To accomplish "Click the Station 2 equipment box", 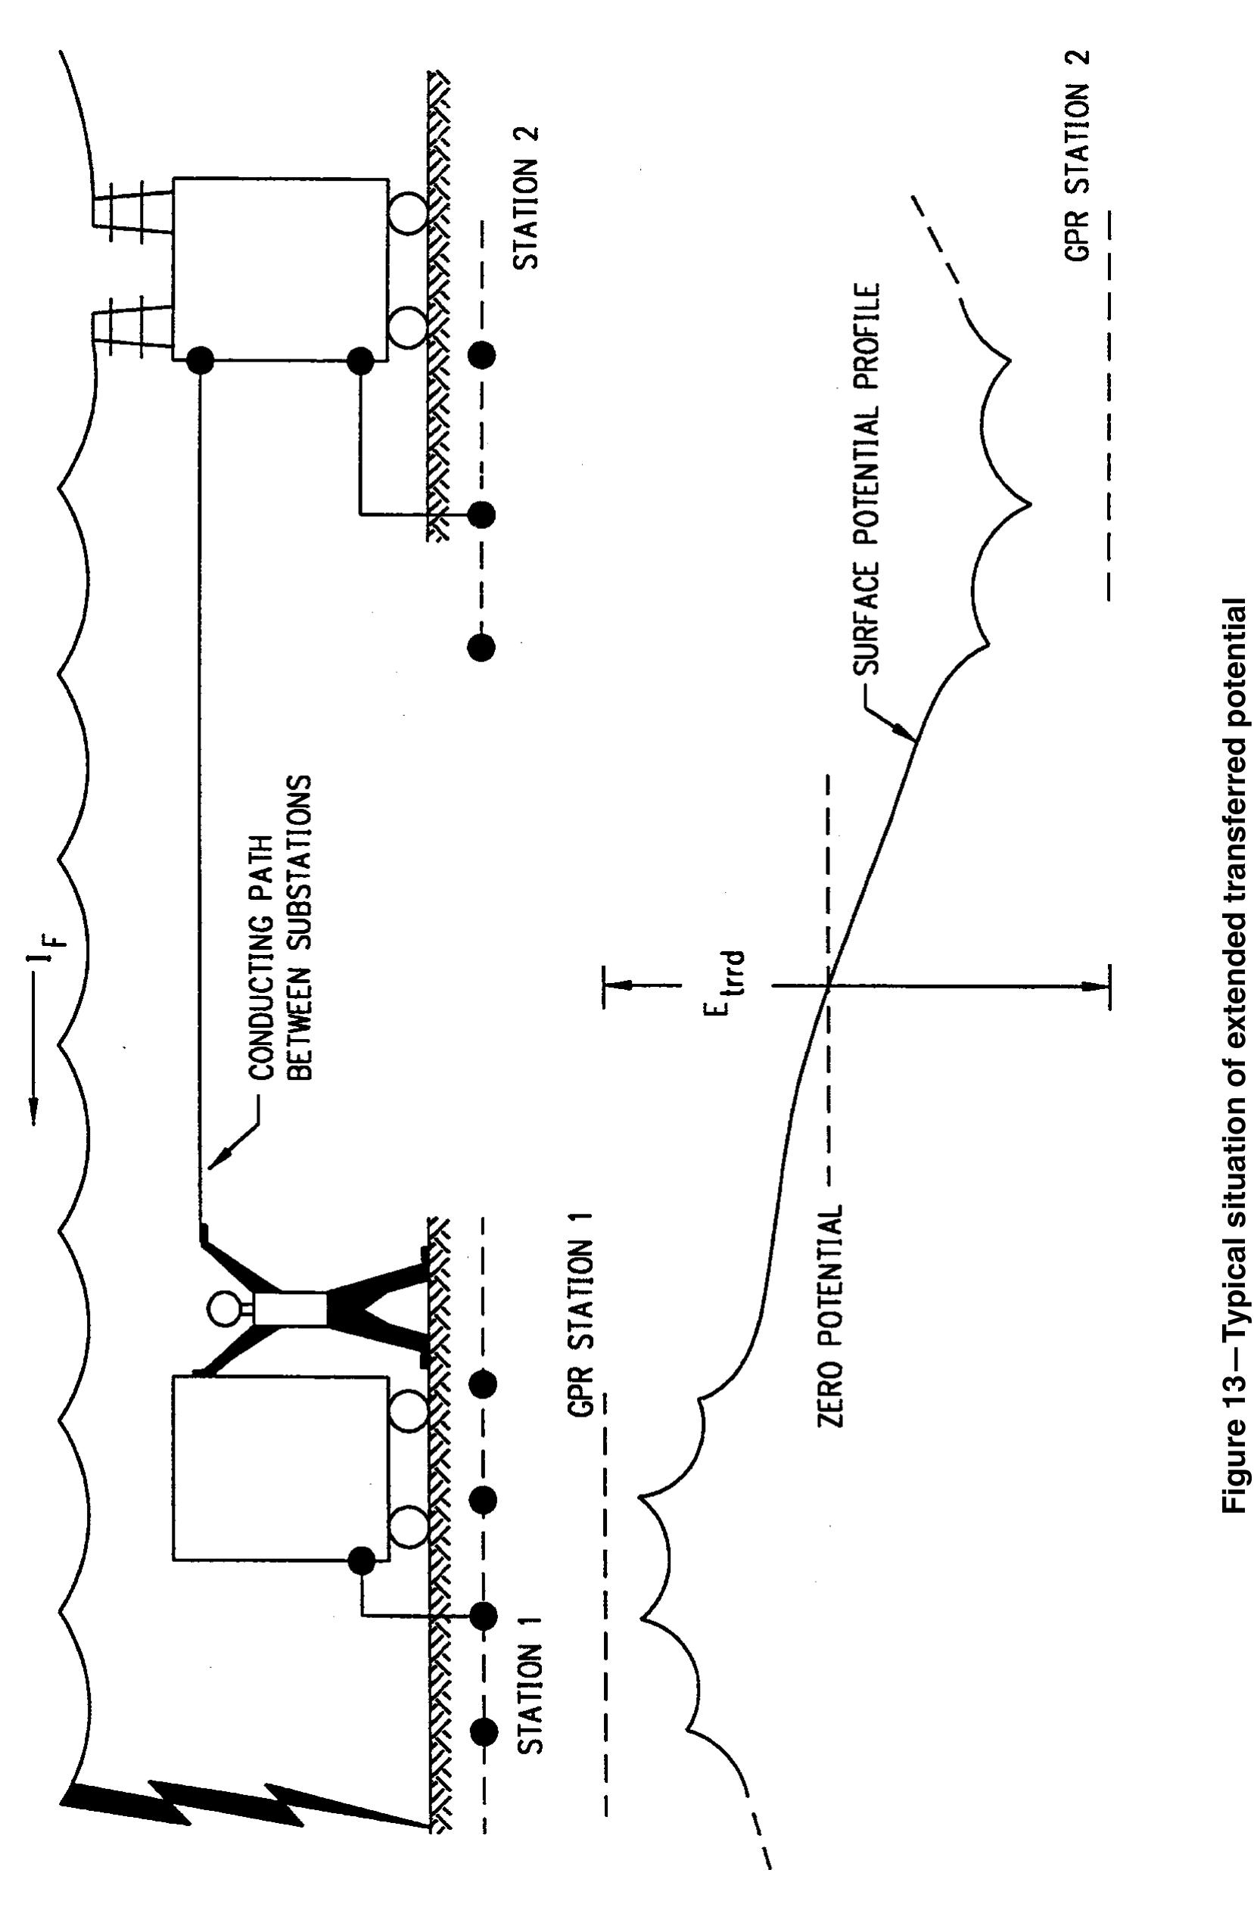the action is point(280,268).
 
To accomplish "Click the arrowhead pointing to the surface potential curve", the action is point(906,733).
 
